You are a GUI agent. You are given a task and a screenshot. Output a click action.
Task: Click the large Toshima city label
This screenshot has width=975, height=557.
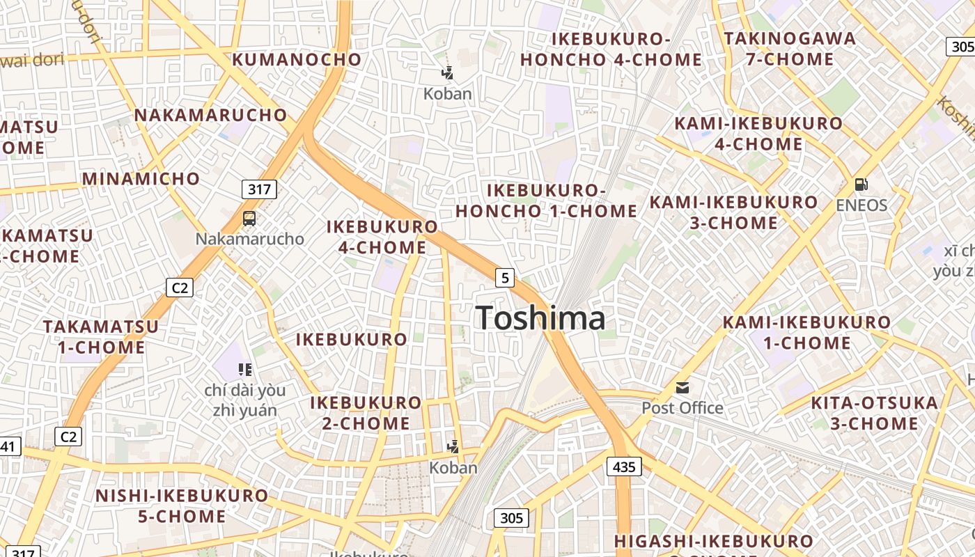click(x=541, y=318)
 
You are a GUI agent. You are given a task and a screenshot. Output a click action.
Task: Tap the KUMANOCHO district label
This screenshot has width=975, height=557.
click(x=297, y=59)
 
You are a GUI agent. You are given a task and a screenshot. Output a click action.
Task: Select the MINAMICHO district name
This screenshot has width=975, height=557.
click(x=141, y=179)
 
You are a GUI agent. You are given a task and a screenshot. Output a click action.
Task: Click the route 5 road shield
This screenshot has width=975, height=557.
click(x=505, y=278)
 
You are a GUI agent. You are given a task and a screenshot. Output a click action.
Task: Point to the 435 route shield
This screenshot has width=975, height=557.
click(x=624, y=466)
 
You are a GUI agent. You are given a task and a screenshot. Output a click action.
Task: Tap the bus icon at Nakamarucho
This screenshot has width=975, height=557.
click(x=249, y=219)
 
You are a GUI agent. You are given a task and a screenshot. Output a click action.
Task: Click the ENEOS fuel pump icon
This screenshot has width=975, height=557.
click(x=861, y=185)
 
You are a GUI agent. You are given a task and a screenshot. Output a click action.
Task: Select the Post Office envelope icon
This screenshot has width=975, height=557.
click(x=682, y=388)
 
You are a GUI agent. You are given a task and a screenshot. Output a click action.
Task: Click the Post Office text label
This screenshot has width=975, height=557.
click(x=682, y=408)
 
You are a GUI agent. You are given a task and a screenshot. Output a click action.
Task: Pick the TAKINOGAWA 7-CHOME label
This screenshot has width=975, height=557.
click(x=790, y=49)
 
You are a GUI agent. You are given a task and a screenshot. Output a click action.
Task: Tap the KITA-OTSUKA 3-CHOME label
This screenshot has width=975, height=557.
click(x=874, y=413)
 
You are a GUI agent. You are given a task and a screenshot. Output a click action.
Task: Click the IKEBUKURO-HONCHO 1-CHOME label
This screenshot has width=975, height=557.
click(x=547, y=201)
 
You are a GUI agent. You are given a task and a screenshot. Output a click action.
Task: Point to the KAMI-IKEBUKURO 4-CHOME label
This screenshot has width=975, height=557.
click(x=758, y=134)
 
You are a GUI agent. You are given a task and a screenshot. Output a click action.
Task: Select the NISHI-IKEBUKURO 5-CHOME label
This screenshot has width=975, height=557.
click(x=181, y=506)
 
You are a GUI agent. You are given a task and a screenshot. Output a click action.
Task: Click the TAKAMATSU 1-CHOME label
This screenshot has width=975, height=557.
click(x=101, y=336)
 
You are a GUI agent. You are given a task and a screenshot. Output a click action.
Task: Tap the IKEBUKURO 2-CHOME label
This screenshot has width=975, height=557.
click(x=366, y=413)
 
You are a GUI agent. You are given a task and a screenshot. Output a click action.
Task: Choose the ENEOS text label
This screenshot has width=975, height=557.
click(x=861, y=205)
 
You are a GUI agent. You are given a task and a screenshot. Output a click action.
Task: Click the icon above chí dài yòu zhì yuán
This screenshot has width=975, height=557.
click(x=244, y=369)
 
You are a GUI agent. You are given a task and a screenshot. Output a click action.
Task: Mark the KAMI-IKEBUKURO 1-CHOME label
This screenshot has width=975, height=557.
click(x=806, y=332)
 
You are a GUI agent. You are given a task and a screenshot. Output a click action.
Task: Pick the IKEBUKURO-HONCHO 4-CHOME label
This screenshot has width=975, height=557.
click(x=611, y=49)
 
